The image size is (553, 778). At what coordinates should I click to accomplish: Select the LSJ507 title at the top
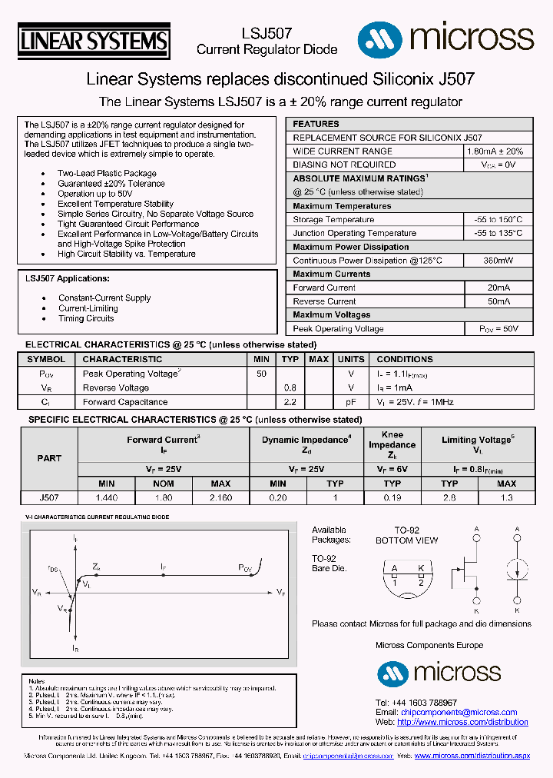(267, 33)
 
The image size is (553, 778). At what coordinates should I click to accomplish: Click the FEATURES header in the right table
(316, 124)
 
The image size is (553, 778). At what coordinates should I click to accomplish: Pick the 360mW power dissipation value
(498, 261)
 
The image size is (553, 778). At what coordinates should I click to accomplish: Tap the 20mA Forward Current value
(498, 288)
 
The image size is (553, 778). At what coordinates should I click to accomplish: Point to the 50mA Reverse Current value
(498, 301)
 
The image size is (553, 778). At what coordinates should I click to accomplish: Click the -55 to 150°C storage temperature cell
(498, 220)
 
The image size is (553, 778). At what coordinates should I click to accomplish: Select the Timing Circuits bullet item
(86, 318)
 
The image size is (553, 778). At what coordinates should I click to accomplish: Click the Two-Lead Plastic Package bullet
(107, 173)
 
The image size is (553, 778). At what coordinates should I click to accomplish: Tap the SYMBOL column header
(46, 359)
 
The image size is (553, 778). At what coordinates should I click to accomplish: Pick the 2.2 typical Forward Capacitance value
(290, 402)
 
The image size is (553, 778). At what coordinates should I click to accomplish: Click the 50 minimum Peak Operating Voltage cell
(261, 374)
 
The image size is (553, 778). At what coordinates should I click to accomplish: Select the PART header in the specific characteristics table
(49, 458)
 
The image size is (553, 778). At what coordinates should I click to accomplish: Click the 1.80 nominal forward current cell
(164, 497)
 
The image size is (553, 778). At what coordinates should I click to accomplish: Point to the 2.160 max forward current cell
(220, 497)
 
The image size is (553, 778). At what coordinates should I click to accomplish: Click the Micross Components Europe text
(429, 646)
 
